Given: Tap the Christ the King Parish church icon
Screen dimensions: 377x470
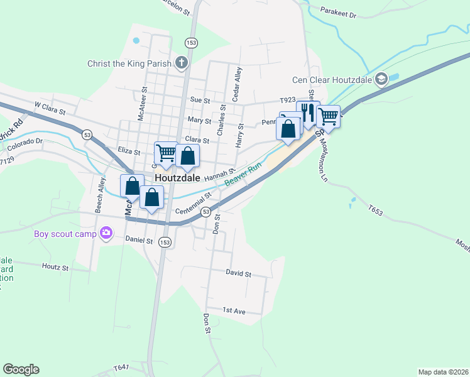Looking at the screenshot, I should (x=182, y=62).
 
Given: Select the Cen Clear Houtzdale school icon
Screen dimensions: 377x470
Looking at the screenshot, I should (x=381, y=79).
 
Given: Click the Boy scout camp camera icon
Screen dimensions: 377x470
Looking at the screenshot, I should (x=106, y=234).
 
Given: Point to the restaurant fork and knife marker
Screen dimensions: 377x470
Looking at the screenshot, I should (x=308, y=112).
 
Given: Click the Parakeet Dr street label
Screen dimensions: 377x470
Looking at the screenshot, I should (x=338, y=13).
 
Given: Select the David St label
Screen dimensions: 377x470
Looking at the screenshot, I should (x=238, y=274).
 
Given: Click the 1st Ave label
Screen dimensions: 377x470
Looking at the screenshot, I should (x=234, y=310).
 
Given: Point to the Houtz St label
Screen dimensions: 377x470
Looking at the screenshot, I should (x=55, y=267).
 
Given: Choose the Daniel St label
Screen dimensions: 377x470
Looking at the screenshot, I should (x=139, y=240).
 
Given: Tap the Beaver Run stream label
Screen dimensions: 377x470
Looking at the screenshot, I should (x=243, y=176).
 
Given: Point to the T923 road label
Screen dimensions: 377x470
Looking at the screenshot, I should (x=287, y=101).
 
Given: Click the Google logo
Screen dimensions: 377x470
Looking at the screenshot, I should (x=21, y=369).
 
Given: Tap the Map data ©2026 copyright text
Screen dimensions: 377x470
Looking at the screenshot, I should (x=443, y=371).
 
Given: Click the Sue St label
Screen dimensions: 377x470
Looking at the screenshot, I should (x=199, y=100).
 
